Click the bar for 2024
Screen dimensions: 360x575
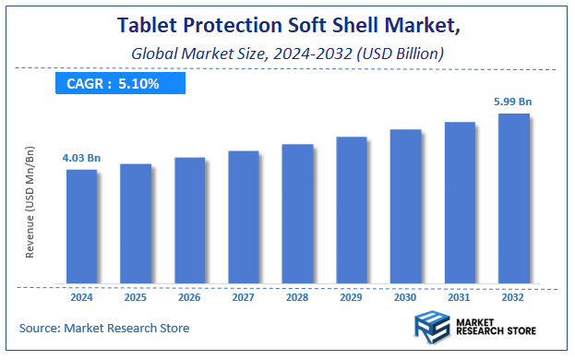81,226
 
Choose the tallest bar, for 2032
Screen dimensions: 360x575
513,198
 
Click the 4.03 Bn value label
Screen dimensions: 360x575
81,159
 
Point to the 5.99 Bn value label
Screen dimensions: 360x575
513,102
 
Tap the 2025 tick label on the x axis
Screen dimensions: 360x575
135,297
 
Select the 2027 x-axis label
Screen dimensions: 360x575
243,297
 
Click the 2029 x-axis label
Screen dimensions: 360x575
351,297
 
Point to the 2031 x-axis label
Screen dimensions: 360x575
459,297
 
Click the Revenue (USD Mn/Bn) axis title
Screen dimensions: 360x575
30,213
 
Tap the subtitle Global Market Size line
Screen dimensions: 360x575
287,54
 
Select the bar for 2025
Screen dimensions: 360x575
135,223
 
